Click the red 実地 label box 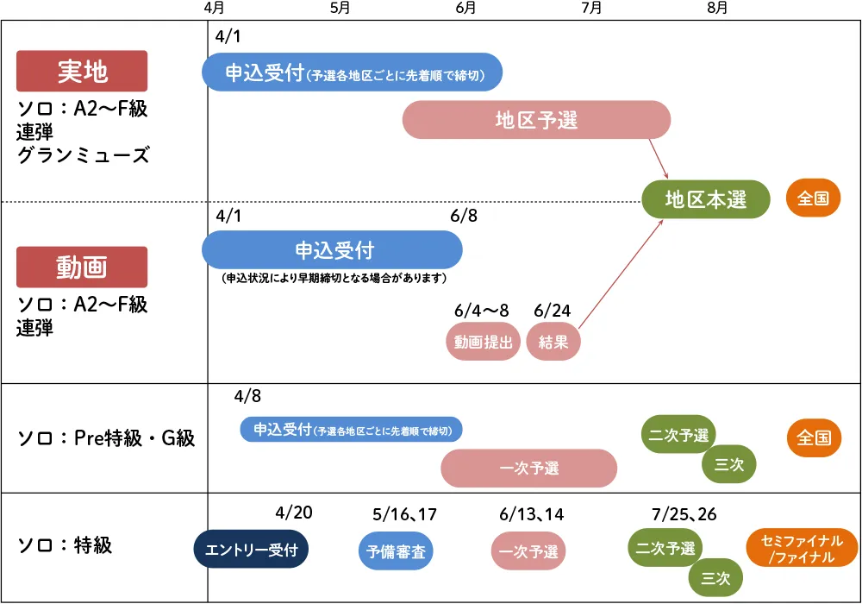click(x=82, y=71)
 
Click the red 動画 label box click(x=82, y=267)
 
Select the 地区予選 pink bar click(x=536, y=120)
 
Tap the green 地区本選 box click(x=706, y=199)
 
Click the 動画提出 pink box click(x=484, y=343)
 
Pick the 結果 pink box click(x=553, y=343)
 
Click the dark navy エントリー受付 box click(x=251, y=550)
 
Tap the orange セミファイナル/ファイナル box click(x=801, y=549)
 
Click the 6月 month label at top click(x=465, y=8)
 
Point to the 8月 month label click(x=716, y=8)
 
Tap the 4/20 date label click(x=294, y=513)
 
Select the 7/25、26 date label click(x=684, y=514)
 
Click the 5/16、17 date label click(x=404, y=515)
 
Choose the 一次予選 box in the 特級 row click(x=529, y=551)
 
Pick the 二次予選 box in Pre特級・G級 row click(x=678, y=435)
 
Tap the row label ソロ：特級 click(x=65, y=545)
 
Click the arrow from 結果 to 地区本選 click(x=621, y=274)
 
